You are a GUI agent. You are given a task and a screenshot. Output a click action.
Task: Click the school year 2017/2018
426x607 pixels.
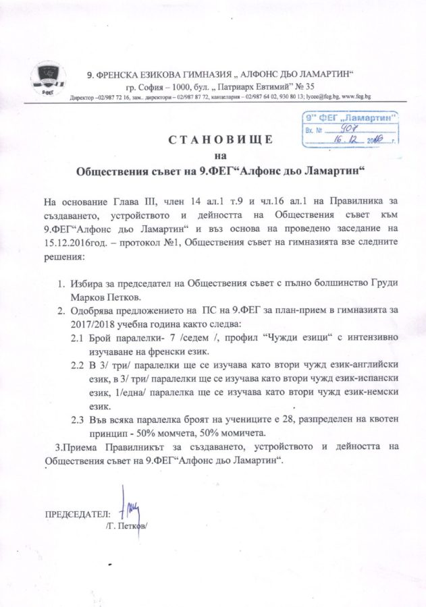coord(72,322)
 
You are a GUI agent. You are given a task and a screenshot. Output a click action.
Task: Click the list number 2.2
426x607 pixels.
coord(78,366)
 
